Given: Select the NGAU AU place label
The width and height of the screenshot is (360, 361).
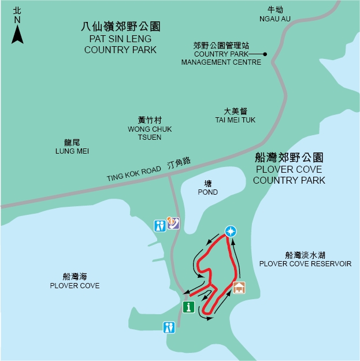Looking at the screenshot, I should point(275,14).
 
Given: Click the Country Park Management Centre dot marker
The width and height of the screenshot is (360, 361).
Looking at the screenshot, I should point(265,54).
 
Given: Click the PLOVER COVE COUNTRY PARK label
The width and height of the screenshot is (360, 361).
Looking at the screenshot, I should point(289,169).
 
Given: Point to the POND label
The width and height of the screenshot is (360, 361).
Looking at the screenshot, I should point(207,188).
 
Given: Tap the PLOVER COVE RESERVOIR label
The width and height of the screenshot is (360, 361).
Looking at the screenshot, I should point(305,259).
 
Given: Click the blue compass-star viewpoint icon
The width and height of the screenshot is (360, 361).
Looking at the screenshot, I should point(231,232).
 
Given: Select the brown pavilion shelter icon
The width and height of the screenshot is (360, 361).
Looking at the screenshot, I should point(239,287).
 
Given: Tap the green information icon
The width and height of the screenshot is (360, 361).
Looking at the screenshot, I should point(188,307).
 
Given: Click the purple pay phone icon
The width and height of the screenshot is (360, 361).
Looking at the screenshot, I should point(173,223).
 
